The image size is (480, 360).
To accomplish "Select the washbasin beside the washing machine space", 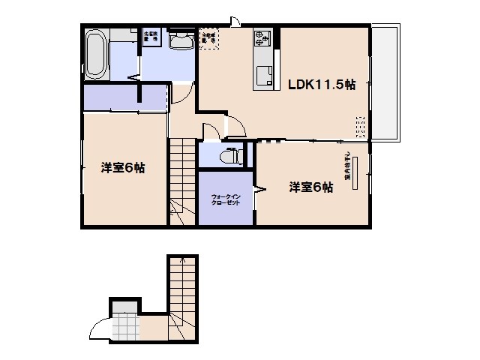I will tap(180, 41).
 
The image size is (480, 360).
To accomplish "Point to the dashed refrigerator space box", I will tap(208, 38).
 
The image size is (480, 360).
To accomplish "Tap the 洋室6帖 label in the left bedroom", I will tap(123, 168).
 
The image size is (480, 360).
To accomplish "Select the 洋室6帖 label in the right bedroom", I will tap(311, 187).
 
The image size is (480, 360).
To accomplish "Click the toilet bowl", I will tap(229, 157).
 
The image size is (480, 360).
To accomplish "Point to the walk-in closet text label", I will tap(226, 199).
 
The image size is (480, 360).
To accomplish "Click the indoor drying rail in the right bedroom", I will tap(357, 173).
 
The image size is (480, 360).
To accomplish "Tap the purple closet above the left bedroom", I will tap(124, 98).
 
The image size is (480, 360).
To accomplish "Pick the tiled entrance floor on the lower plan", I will tap(125, 327).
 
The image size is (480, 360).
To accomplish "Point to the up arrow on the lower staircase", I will tap(184, 263).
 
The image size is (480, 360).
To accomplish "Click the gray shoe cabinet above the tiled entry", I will tap(125, 305).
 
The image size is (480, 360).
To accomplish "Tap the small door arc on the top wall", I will tap(235, 20).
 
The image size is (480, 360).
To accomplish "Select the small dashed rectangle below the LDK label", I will tap(360, 127).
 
